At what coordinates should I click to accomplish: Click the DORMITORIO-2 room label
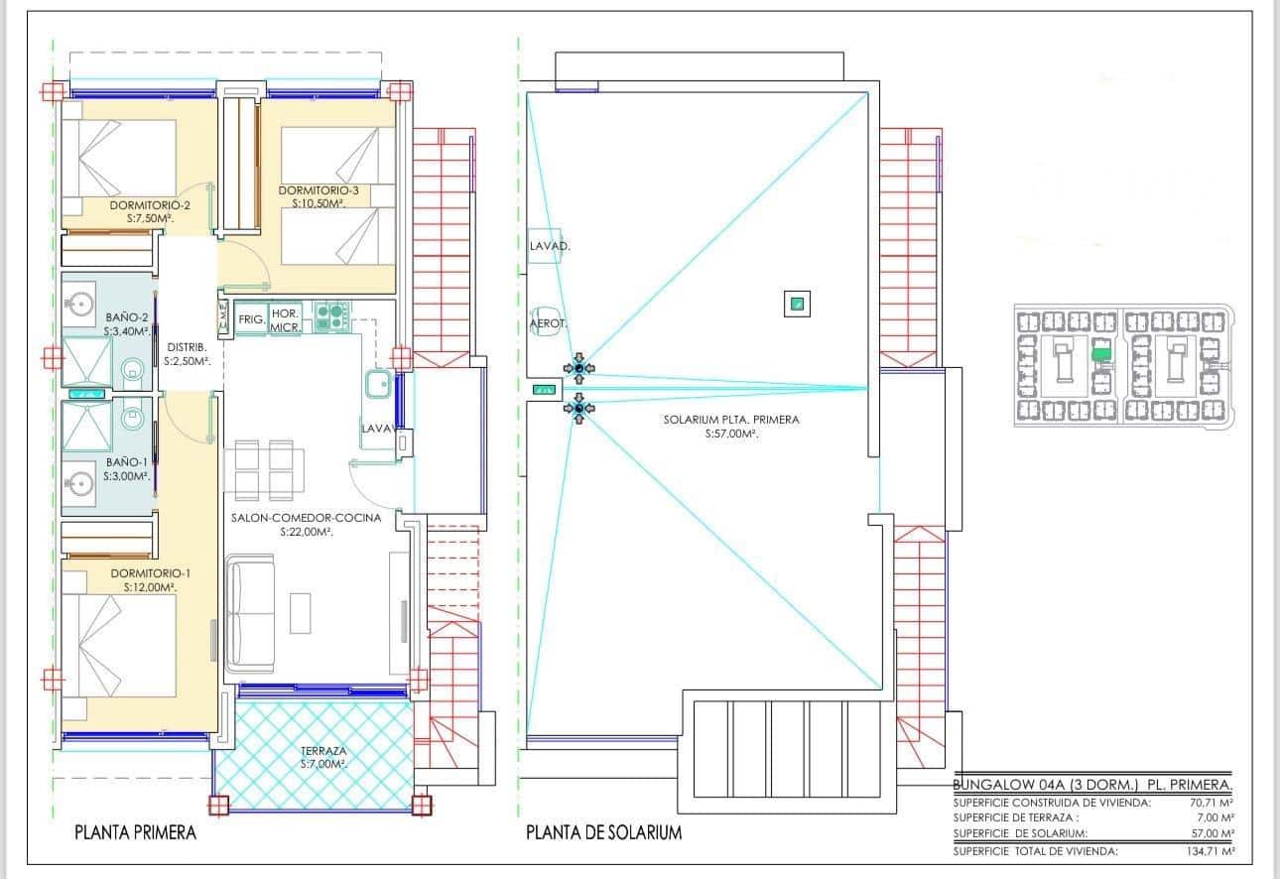pos(150,205)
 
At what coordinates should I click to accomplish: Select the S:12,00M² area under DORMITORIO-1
pos(150,587)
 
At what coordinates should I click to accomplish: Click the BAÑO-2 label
pos(127,317)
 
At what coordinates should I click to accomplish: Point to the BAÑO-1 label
pos(127,462)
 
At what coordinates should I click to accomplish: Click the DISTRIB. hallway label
pos(187,348)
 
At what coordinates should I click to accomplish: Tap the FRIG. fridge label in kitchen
pos(252,319)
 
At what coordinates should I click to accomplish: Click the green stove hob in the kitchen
pos(330,316)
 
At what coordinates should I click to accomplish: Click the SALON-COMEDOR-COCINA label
pos(305,518)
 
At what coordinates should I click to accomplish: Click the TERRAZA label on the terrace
pos(323,751)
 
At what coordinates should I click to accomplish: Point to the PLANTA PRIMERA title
pos(135,833)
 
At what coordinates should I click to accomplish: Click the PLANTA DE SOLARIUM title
pos(603,833)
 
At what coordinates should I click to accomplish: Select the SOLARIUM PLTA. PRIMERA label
pos(731,420)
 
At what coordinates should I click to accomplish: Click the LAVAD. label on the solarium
pos(549,245)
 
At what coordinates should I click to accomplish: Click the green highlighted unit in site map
pos(1100,351)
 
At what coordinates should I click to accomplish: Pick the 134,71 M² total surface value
pos(1211,851)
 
